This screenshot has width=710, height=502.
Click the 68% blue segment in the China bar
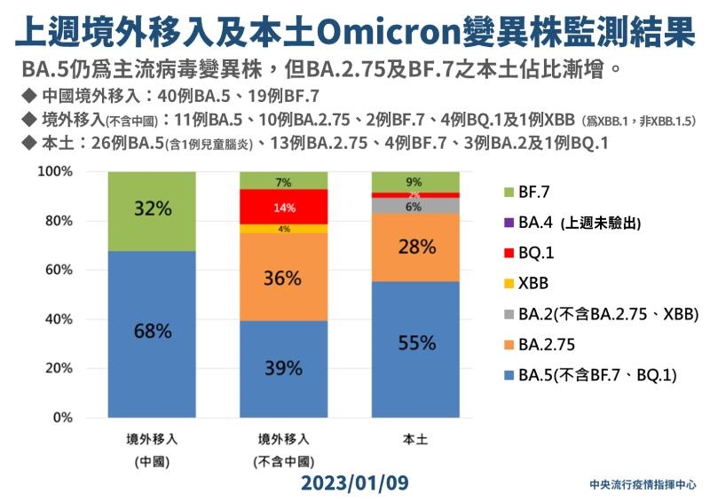[152, 333]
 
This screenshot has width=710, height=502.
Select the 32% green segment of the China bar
[152, 211]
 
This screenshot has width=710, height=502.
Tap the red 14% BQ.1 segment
[284, 207]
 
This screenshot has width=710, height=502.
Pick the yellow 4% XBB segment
[284, 229]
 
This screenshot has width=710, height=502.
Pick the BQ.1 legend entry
[538, 252]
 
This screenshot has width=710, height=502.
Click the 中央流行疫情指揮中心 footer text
[643, 486]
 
